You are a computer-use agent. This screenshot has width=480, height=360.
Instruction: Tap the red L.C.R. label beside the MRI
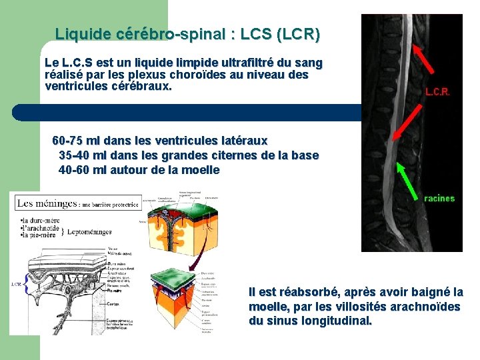(x=437, y=93)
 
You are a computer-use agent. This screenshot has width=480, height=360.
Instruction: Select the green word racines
(x=439, y=199)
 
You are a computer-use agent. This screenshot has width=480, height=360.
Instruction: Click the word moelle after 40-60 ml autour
(x=199, y=170)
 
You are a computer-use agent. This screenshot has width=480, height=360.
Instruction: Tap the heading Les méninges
(x=47, y=203)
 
